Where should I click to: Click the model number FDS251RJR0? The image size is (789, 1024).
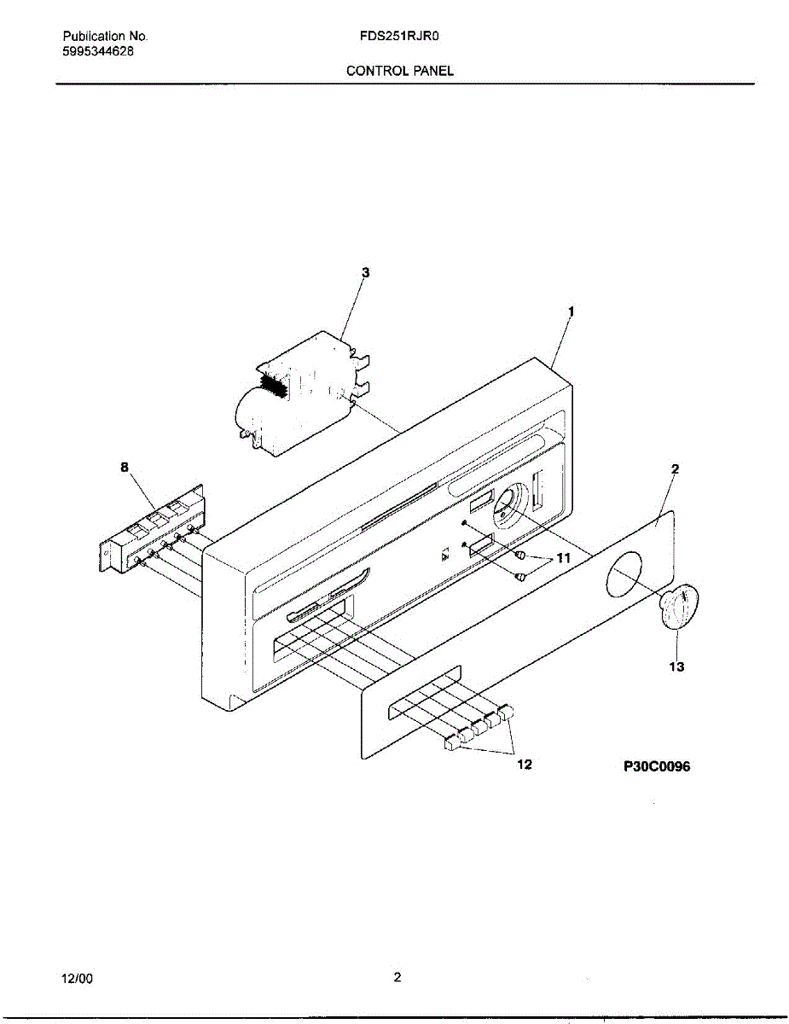399,37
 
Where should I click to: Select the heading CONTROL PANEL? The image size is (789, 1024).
399,71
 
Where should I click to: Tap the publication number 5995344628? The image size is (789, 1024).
98,50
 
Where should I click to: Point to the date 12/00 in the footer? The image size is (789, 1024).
77,979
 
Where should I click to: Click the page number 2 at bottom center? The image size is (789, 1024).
397,978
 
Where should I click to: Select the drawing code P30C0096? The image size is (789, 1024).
657,766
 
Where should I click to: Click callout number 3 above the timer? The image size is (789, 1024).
365,272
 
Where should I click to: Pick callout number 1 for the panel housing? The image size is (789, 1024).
571,312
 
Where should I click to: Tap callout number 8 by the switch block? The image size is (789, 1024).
125,467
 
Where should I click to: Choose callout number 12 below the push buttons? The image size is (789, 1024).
525,765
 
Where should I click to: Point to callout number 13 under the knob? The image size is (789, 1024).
676,667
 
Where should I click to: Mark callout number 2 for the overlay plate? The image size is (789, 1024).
674,468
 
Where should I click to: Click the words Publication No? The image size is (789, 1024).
106,37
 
